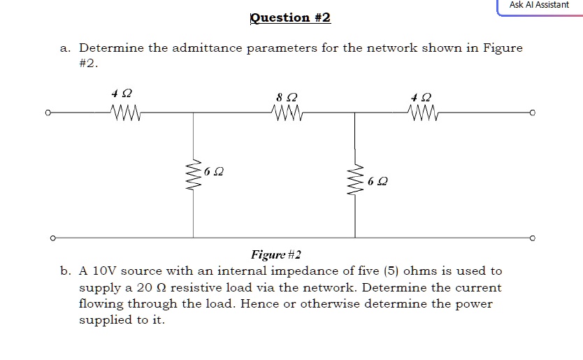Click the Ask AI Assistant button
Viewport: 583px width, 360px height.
539,6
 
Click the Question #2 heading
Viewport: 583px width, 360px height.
290,17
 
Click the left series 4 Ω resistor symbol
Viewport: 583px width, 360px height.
127,110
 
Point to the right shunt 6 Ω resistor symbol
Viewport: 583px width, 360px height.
354,180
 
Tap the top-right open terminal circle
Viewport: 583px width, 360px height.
533,112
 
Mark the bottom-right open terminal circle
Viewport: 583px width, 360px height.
533,238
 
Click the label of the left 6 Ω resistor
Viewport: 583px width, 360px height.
215,171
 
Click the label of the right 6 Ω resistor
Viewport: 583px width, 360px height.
377,181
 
